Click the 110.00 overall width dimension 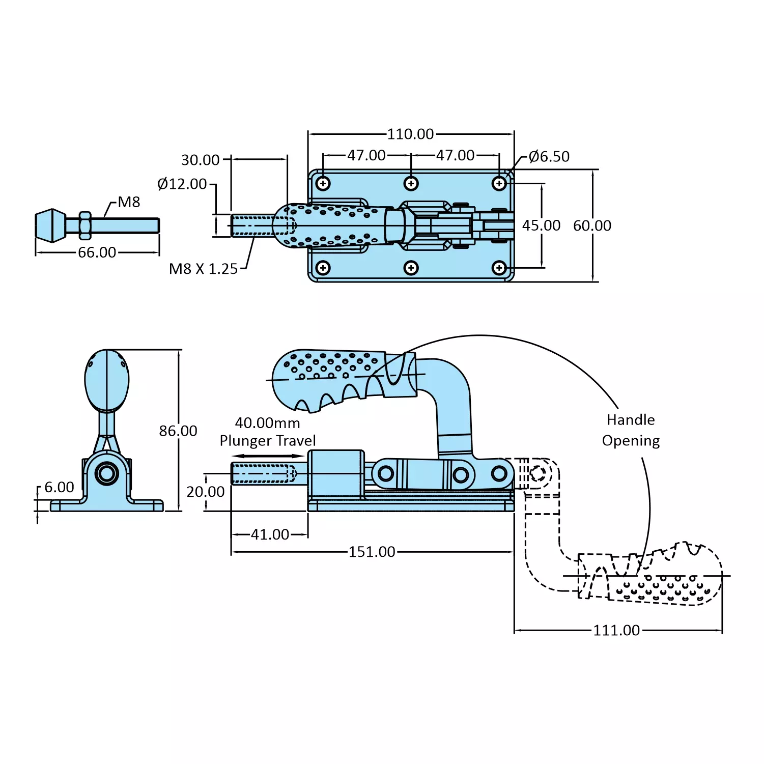click(x=410, y=134)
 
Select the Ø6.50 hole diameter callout click(x=549, y=156)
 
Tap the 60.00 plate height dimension click(x=592, y=225)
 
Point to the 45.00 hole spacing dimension click(x=541, y=225)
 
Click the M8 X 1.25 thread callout click(x=203, y=269)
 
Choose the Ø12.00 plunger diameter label click(x=182, y=184)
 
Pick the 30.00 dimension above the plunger click(x=201, y=160)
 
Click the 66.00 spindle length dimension click(x=97, y=252)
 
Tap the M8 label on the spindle click(x=129, y=202)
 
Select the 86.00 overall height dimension click(x=178, y=431)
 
